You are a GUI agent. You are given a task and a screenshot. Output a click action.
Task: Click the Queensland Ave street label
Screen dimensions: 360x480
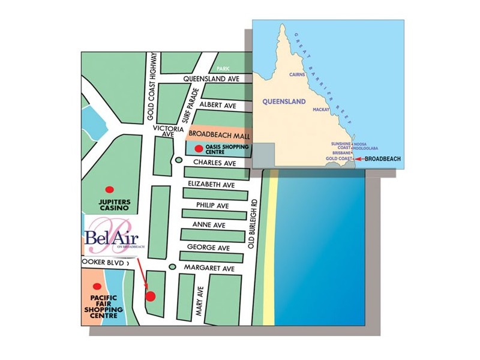215,79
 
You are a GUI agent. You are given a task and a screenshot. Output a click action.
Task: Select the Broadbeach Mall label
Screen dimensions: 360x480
219,136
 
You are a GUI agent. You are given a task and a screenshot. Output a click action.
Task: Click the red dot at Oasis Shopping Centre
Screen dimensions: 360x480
198,148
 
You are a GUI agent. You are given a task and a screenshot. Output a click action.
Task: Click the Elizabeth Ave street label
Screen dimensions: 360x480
216,184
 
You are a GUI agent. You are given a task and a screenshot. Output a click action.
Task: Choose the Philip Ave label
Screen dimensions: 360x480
213,205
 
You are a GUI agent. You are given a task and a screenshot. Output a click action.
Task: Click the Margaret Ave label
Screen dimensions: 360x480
209,269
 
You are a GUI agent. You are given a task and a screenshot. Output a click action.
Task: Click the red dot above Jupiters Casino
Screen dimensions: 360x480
109,189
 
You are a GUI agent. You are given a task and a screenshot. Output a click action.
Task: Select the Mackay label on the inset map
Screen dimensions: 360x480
321,110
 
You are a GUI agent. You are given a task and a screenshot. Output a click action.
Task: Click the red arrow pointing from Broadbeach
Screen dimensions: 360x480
358,158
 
